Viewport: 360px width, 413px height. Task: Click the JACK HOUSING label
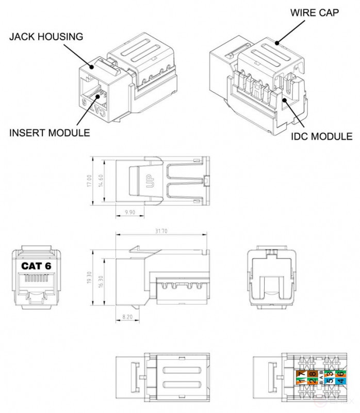tap(45, 37)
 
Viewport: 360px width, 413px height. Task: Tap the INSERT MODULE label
tap(50, 133)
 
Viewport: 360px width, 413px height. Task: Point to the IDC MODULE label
tap(321, 137)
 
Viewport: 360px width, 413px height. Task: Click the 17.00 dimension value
tap(90, 181)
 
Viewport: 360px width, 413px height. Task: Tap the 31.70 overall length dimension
tap(161, 232)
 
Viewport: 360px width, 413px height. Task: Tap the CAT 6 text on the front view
tap(37, 266)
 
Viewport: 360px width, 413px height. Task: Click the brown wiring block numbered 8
tap(312, 373)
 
